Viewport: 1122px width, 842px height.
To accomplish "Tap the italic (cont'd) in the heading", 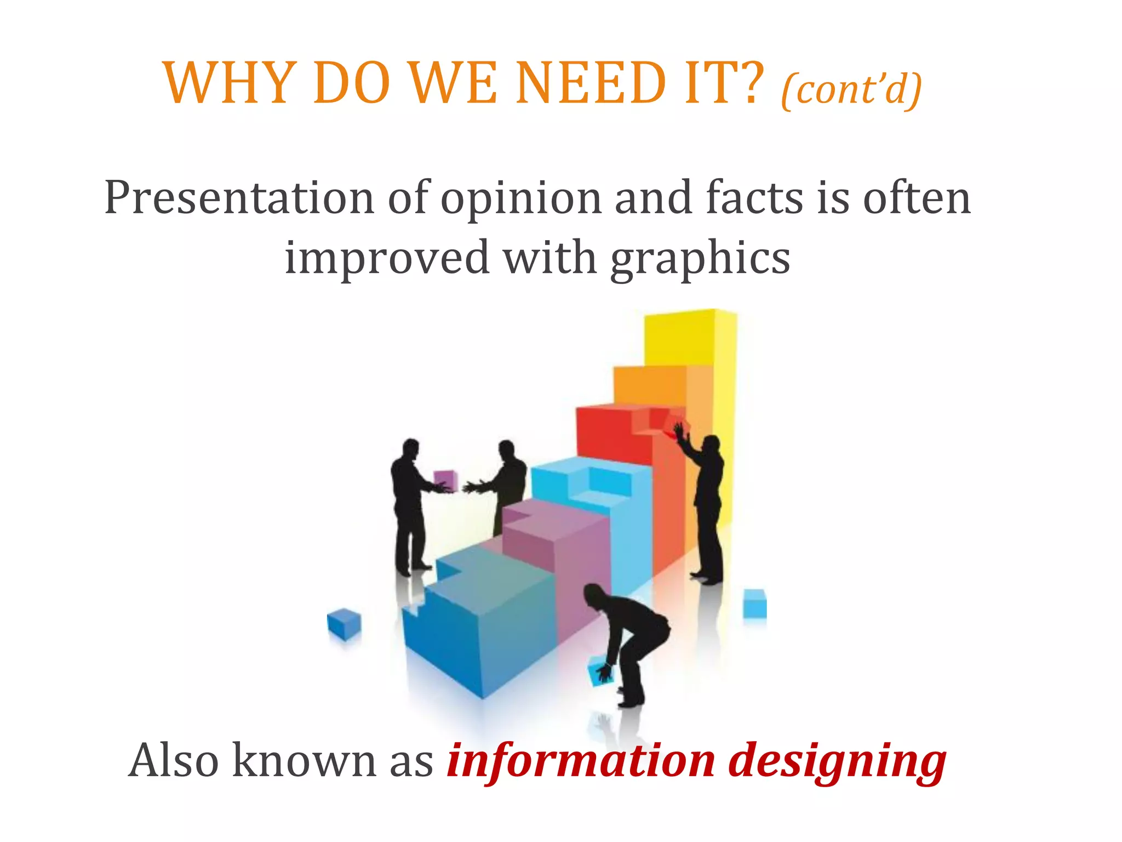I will click(x=851, y=89).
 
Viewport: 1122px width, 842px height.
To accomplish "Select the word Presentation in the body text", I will click(x=239, y=198).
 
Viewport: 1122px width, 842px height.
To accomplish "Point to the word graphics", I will click(x=700, y=258).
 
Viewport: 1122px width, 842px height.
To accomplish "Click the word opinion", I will click(x=520, y=199).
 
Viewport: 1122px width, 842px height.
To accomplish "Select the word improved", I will click(x=387, y=258).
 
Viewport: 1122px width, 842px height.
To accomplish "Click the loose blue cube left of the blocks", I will click(x=344, y=623).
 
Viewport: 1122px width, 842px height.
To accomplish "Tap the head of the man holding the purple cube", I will click(x=410, y=448).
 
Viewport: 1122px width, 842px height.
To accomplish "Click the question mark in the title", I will click(x=749, y=83).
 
